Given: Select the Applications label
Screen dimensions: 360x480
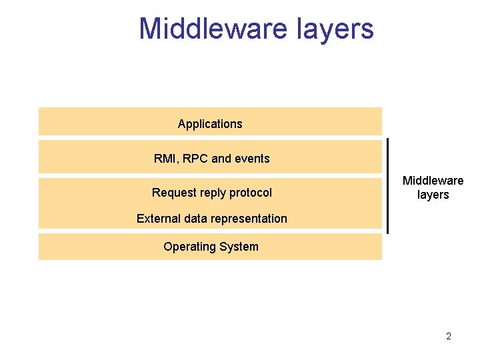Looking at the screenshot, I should point(210,124).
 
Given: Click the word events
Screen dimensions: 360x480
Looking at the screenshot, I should point(253,159).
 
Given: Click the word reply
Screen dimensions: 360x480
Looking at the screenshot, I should point(213,193).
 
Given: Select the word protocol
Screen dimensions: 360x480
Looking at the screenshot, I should point(251,193).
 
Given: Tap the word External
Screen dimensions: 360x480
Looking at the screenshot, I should point(157,219).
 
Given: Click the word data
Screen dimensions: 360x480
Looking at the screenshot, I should point(194,219).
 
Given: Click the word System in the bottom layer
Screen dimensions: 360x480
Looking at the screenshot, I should point(240,247).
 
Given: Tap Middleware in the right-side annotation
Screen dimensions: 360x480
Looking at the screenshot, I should point(433,181).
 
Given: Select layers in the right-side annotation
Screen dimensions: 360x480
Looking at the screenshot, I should point(433,195).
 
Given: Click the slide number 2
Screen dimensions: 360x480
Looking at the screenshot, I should point(449,336).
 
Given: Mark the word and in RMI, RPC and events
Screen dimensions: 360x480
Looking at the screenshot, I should point(221,159).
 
